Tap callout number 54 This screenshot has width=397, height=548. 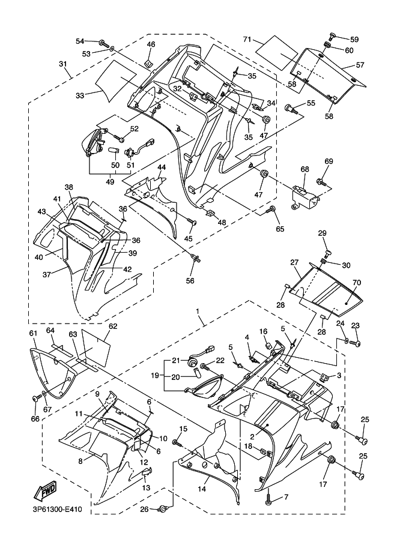click(80, 41)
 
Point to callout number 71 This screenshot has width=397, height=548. click(247, 40)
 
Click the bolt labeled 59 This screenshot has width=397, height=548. click(332, 37)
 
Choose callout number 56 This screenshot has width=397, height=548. click(190, 281)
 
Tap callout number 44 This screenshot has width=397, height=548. click(161, 167)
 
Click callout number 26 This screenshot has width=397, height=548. click(145, 509)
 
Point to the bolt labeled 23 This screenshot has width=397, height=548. click(356, 344)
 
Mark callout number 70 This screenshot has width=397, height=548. click(357, 282)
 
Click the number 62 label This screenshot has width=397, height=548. click(113, 326)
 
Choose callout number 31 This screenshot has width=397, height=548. click(62, 64)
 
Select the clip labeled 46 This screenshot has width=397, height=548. click(149, 64)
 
